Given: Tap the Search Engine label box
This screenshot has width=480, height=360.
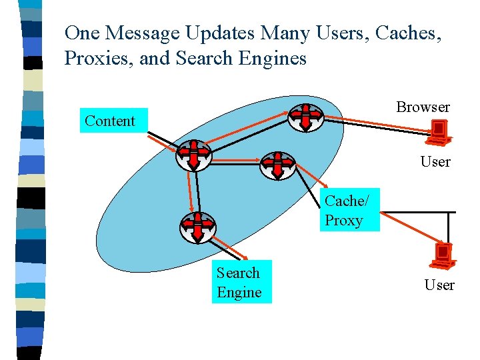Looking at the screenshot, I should click(241, 282).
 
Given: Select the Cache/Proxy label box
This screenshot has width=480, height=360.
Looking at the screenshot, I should click(349, 210).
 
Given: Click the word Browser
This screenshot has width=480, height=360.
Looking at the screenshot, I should click(423, 107).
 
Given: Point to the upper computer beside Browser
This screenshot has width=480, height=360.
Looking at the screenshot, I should click(439, 131).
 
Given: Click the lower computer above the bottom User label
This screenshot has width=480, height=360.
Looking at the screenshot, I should click(443, 255).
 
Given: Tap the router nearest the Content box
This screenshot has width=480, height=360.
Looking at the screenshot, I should click(193, 155).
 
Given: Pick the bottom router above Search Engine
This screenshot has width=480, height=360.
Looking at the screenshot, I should click(198, 227).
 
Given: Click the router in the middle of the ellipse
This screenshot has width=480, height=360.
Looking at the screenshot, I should click(277, 166).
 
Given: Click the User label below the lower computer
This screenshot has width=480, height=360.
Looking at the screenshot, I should click(439, 285).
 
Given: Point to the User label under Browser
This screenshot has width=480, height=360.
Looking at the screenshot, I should click(435, 161).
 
